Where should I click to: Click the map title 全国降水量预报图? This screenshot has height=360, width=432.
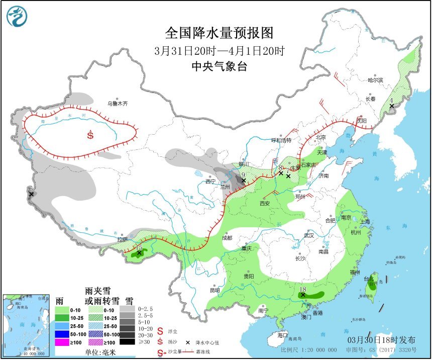(220, 33)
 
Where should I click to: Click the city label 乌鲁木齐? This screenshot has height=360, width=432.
(117, 104)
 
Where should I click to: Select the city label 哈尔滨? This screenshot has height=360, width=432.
(375, 80)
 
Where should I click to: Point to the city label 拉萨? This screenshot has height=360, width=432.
(122, 240)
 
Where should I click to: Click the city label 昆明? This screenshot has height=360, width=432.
(214, 290)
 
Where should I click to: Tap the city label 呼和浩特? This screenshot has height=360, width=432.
(281, 140)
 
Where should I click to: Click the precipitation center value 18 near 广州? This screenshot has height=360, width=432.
(302, 290)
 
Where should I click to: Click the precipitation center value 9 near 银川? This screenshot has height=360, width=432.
(243, 174)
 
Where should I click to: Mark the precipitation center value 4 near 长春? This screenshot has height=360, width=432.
(391, 100)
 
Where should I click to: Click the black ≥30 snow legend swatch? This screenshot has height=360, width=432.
(130, 342)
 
